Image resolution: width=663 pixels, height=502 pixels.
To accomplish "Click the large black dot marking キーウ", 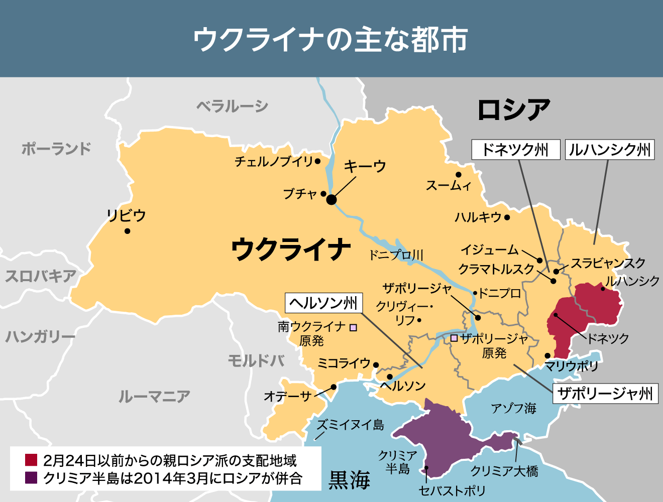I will [331, 200].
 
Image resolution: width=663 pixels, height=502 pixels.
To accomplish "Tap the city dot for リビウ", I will [128, 231].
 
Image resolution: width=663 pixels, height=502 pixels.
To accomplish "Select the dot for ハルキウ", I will [507, 217].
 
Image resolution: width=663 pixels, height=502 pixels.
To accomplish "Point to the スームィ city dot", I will [459, 175].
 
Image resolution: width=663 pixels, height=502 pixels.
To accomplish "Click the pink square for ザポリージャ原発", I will [454, 338].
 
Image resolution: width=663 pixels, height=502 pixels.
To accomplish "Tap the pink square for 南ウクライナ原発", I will [354, 327].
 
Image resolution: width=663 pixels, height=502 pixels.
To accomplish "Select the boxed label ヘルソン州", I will [323, 303].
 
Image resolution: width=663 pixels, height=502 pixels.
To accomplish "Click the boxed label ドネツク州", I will [515, 150].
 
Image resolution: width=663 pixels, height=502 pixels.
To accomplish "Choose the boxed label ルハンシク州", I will [610, 150].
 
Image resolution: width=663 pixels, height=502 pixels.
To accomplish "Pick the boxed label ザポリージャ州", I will [605, 394].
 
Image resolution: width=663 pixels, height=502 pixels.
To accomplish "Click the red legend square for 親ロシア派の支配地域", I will [31, 460].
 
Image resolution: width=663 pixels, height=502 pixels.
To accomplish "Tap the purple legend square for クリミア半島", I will [31, 478].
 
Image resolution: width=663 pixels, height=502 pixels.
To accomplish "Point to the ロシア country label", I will [513, 109].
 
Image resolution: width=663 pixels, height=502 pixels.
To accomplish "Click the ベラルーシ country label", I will [232, 106].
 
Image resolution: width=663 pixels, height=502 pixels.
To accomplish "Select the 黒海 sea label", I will [350, 480].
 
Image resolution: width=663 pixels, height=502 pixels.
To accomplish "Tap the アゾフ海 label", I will [513, 408].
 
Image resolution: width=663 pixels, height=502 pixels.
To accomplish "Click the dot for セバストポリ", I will [426, 468].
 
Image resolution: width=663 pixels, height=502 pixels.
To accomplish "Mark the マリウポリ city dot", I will [547, 355].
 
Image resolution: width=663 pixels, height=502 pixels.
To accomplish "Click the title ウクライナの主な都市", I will [331, 39].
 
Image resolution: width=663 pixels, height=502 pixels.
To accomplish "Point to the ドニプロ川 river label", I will [396, 255].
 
